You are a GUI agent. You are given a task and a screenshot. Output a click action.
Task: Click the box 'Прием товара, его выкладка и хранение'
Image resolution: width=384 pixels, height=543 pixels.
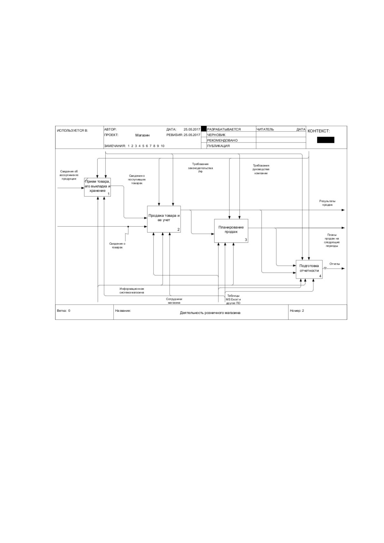(x=97, y=187)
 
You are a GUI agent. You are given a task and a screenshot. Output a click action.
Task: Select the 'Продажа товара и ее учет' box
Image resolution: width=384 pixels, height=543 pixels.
(x=164, y=219)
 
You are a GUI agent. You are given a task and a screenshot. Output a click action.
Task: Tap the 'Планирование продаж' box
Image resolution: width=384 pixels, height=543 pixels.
(x=231, y=231)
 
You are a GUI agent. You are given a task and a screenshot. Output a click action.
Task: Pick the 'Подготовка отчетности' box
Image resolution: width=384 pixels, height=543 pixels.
(x=309, y=269)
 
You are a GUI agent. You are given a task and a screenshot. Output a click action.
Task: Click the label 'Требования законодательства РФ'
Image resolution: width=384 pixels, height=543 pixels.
(x=200, y=168)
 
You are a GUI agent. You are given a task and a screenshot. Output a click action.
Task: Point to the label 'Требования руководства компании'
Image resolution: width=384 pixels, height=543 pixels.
(x=261, y=169)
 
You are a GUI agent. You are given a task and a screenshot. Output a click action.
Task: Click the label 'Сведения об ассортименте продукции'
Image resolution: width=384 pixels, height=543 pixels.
(x=69, y=175)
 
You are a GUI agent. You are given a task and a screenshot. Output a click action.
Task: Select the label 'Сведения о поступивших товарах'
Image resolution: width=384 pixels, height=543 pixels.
(x=137, y=179)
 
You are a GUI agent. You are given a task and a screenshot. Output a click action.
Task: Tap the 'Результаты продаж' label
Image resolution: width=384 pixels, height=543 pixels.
(x=327, y=203)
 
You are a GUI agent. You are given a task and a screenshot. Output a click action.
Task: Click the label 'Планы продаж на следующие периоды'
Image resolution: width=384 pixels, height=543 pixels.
(x=332, y=240)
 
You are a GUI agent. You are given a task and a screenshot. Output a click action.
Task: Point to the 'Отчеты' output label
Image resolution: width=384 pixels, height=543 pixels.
(x=335, y=264)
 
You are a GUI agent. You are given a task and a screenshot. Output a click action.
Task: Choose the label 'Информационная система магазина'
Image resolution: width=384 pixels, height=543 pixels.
(x=132, y=291)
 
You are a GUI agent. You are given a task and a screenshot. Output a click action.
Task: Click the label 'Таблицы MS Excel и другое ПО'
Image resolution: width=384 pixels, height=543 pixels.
(x=233, y=299)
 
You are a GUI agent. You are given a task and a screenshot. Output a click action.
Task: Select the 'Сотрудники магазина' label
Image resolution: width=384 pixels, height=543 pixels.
(x=174, y=301)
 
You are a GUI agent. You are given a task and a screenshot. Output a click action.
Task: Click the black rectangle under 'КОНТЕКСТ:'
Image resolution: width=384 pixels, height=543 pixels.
(x=326, y=140)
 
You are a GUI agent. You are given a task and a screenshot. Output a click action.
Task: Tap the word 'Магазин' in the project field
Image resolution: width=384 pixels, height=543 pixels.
(x=142, y=135)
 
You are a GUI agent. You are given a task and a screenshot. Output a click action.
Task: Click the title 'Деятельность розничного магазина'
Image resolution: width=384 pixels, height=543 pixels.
(x=210, y=313)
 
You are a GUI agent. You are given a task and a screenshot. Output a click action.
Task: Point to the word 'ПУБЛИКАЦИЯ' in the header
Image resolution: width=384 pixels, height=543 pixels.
(x=218, y=146)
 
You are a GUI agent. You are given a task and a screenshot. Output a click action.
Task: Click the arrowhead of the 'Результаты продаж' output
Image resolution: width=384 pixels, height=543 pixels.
(x=343, y=210)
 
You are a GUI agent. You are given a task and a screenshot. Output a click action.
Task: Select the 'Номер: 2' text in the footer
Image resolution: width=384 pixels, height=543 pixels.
(x=297, y=311)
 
